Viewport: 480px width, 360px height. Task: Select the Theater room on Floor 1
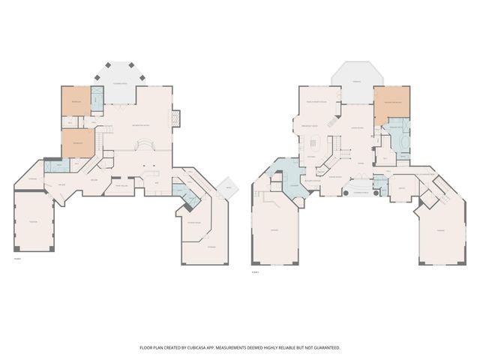pos(33,221)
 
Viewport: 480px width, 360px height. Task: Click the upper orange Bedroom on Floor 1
pos(75,101)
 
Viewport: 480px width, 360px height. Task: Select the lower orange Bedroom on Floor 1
pos(78,142)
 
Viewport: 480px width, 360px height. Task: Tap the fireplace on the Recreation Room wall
pos(176,118)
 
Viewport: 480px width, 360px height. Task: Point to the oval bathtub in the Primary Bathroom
pos(403,141)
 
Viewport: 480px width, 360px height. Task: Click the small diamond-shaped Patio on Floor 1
pos(228,188)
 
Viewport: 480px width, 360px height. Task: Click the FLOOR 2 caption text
pos(256,271)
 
